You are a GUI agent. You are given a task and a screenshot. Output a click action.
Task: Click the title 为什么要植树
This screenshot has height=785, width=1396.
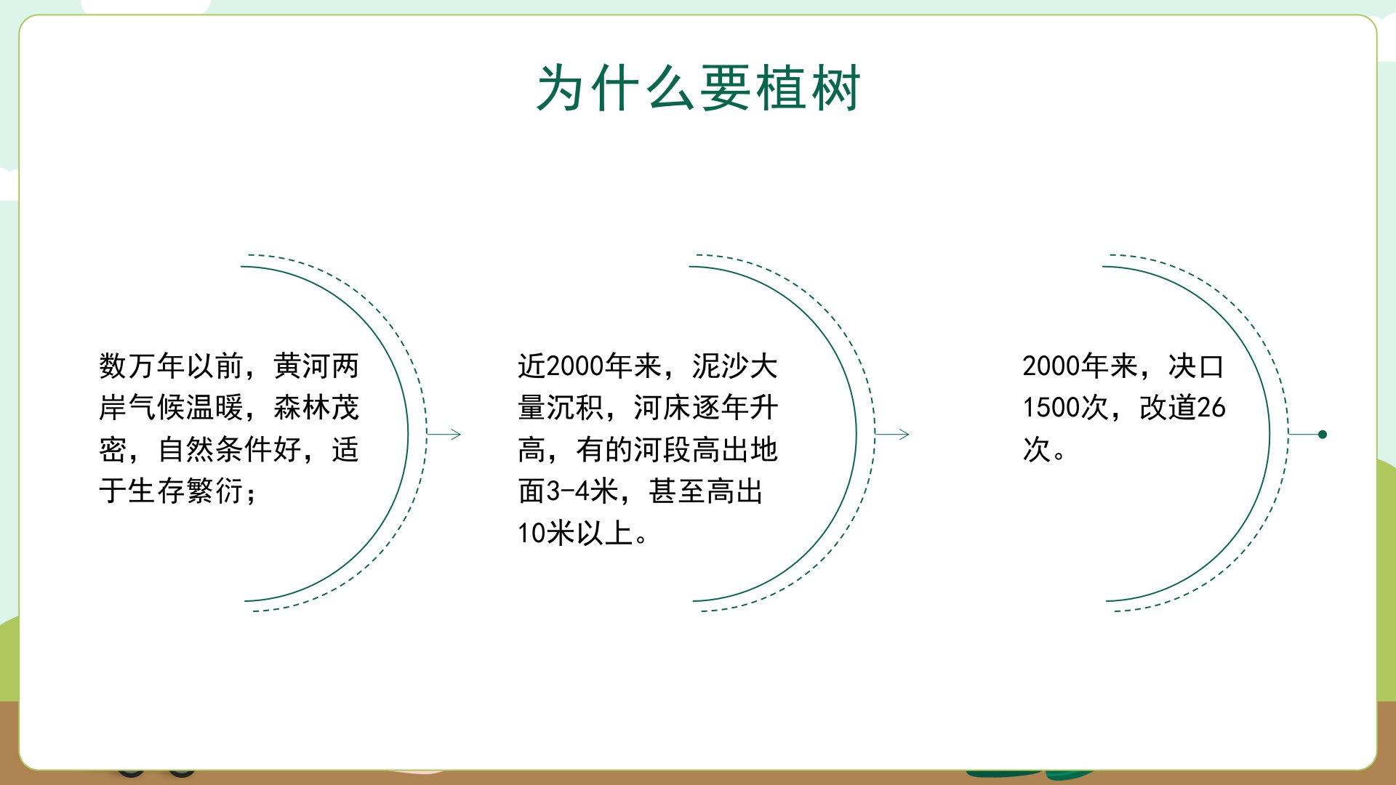pos(698,88)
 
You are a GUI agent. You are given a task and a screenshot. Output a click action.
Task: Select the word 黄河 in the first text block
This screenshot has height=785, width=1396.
pos(302,366)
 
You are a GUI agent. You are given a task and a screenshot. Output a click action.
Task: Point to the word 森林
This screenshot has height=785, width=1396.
pos(302,408)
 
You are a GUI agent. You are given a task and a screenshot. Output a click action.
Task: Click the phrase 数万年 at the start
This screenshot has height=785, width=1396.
pos(142,366)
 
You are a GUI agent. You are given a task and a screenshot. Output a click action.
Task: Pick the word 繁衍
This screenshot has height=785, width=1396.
pos(214,491)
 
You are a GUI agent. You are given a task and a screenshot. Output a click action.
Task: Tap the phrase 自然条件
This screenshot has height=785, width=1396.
pos(214,450)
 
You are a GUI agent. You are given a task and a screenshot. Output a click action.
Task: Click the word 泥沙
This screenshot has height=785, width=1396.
pos(721,366)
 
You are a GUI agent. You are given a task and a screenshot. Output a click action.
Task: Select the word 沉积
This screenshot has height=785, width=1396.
pos(575,408)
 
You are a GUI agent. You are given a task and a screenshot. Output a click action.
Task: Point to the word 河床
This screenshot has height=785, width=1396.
pos(662,408)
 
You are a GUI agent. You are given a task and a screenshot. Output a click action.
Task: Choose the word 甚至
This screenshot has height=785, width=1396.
pos(677,491)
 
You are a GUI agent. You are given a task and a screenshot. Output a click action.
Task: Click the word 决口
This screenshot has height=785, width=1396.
pos(1197,366)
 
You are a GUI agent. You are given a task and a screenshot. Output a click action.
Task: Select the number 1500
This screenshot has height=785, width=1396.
pos(1051,408)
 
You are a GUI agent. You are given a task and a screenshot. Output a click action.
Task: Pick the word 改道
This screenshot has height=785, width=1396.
pos(1168,408)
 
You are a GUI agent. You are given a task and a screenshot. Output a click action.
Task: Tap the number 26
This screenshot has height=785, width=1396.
pos(1211,408)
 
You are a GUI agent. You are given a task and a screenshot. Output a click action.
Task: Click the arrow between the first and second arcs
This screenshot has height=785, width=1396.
pos(444,435)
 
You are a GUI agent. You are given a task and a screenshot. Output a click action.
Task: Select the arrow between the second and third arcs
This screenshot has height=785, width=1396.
pos(891,435)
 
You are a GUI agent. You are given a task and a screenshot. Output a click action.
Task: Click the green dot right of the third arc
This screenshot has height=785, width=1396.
pos(1323,435)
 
